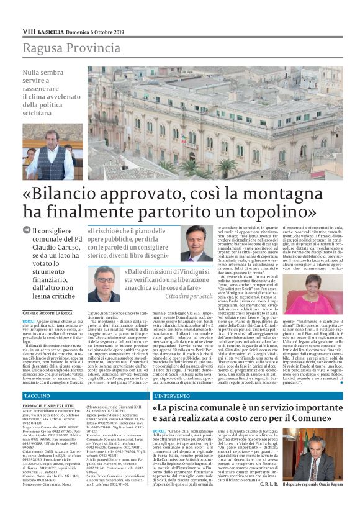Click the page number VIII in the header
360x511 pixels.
coord(29,30)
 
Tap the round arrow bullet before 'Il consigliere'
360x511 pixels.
coord(25,231)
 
